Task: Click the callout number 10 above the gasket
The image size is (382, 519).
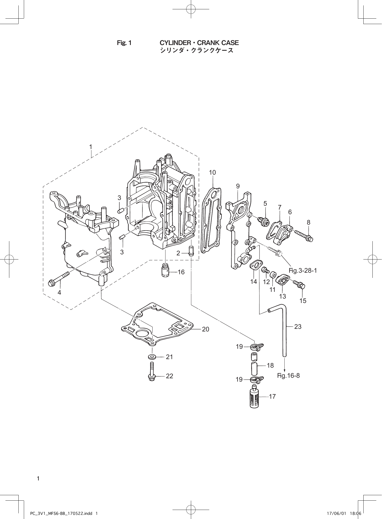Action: click(x=212, y=173)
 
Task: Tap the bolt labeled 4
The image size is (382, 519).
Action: click(x=59, y=279)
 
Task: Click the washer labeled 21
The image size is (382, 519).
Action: click(x=152, y=357)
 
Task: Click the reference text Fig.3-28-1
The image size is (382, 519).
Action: click(x=303, y=271)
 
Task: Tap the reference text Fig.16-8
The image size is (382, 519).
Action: click(x=288, y=375)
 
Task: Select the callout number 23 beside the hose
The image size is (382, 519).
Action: click(x=298, y=327)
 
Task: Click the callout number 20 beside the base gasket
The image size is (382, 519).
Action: click(x=205, y=329)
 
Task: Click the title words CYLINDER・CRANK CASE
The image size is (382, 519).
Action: click(x=199, y=43)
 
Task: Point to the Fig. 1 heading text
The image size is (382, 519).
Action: click(x=124, y=43)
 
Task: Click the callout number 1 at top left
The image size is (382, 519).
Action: click(x=91, y=147)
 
